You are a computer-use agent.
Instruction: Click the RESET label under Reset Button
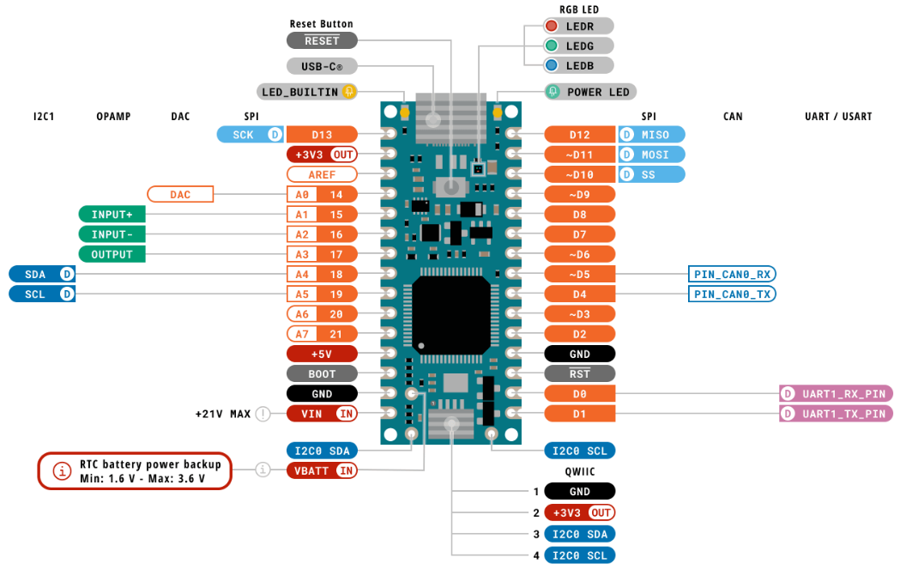pyautogui.click(x=322, y=40)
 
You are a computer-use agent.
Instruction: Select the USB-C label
pyautogui.click(x=322, y=66)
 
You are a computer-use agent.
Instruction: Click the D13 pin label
pyautogui.click(x=322, y=134)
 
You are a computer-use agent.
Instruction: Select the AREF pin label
pyautogui.click(x=322, y=174)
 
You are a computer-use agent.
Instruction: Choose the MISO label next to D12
pyautogui.click(x=652, y=134)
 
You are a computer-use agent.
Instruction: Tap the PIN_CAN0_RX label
pyautogui.click(x=733, y=274)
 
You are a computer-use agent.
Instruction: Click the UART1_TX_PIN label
pyautogui.click(x=837, y=414)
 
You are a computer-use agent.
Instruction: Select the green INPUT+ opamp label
pyautogui.click(x=112, y=214)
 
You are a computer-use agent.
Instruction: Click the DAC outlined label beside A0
pyautogui.click(x=180, y=195)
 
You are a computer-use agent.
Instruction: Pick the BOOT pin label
pyautogui.click(x=322, y=373)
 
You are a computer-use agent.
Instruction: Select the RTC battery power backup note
pyautogui.click(x=136, y=470)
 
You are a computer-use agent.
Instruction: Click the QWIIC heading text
pyautogui.click(x=580, y=471)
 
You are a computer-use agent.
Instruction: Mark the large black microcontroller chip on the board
pyautogui.click(x=453, y=314)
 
